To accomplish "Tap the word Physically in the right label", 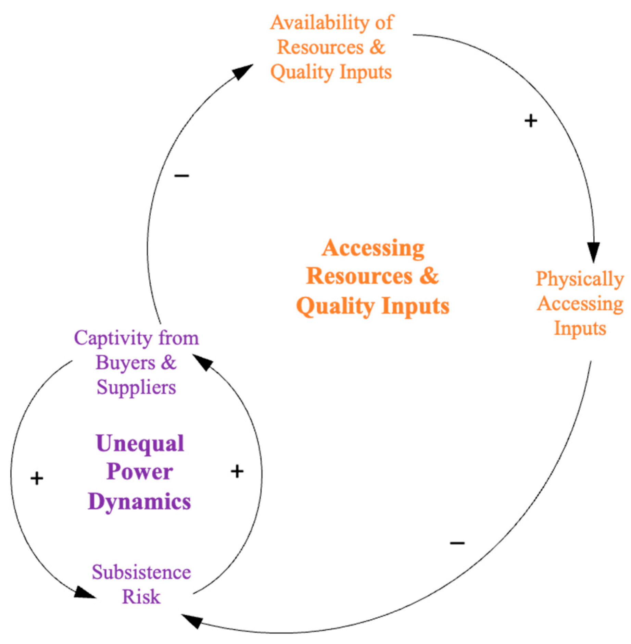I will (579, 278).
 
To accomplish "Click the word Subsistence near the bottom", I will (141, 572).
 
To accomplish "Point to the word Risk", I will (141, 597).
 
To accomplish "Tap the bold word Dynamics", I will (139, 502).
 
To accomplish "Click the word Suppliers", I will (136, 387).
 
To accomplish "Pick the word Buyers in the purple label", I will (125, 363).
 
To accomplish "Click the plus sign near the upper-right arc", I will (531, 121).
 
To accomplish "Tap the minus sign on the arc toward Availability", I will (181, 176).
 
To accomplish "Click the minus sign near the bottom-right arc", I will (457, 543).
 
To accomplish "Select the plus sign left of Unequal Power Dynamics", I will (37, 479).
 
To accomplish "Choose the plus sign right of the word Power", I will (237, 472).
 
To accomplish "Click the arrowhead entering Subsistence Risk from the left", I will (84, 593).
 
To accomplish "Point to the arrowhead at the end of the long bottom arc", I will (192, 620).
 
